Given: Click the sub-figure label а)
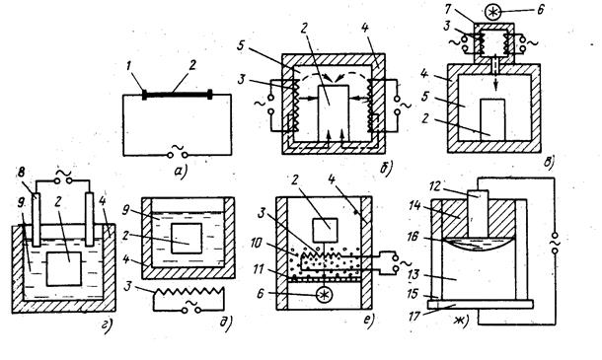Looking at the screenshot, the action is click(x=180, y=172).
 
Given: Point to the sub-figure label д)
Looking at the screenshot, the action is click(x=227, y=324).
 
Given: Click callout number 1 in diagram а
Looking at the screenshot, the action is click(x=129, y=66).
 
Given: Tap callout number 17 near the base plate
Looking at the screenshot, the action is click(x=414, y=317).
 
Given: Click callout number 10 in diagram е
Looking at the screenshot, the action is click(x=257, y=243).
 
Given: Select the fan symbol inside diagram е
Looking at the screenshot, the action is click(x=325, y=295).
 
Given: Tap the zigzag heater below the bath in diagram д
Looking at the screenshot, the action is click(x=188, y=292).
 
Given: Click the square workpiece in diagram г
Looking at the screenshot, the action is click(x=64, y=268).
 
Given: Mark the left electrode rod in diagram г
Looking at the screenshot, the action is click(x=37, y=220).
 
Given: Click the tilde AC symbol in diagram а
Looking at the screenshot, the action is click(x=177, y=148).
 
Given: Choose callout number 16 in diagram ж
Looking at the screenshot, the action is click(x=414, y=237).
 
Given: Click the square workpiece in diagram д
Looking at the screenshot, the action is click(x=187, y=239).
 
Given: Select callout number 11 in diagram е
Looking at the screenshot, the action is click(x=258, y=269).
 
